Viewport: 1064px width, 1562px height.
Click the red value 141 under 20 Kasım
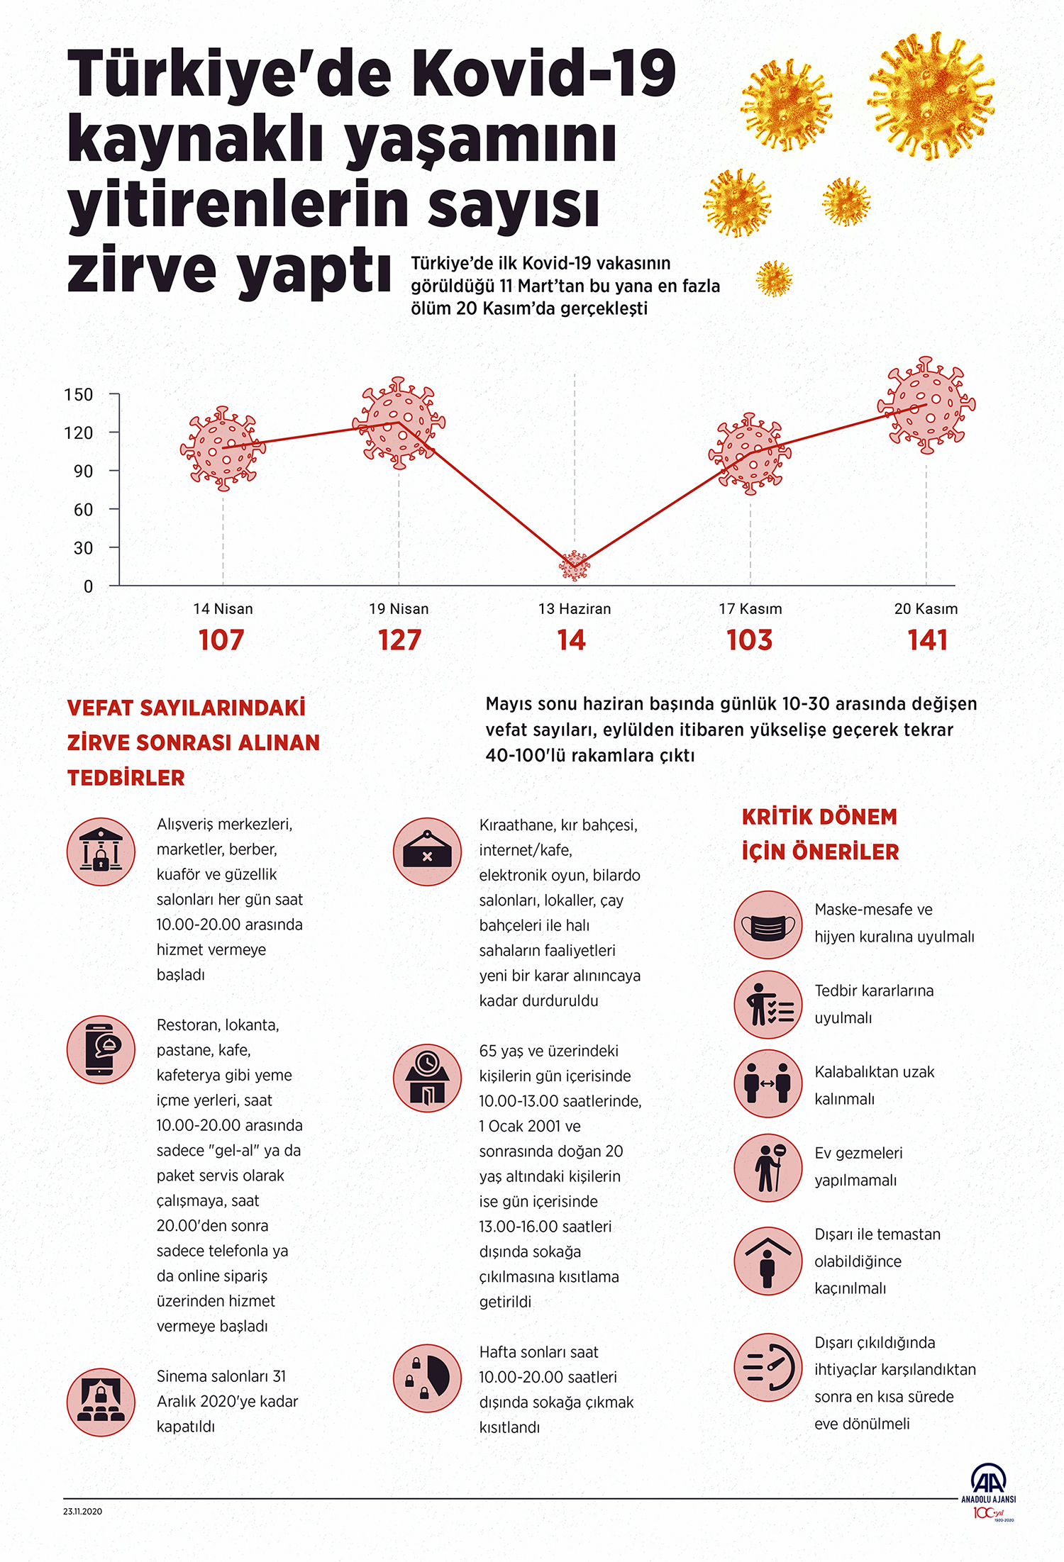pos(928,640)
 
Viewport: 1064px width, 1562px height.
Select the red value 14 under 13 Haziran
pos(572,640)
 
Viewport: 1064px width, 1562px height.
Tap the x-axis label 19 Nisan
pos(399,608)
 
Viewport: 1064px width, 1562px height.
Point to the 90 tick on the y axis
pos(84,471)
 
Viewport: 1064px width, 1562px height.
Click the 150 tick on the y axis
pos(79,394)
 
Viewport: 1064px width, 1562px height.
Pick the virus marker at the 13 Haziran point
pos(575,566)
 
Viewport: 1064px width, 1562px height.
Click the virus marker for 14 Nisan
pos(223,448)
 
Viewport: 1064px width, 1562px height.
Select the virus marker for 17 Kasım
pos(750,454)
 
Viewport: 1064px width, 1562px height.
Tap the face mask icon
pos(767,925)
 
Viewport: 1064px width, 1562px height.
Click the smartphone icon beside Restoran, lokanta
pos(101,1049)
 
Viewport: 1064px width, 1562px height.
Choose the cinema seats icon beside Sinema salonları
pos(101,1402)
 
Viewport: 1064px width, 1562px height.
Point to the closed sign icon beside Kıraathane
pos(427,852)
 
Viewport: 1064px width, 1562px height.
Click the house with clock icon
pos(427,1078)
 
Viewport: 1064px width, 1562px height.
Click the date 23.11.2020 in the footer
pos(82,1511)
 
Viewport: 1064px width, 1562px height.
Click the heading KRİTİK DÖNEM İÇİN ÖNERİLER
pos(820,834)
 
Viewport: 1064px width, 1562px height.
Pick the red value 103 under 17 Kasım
pos(750,640)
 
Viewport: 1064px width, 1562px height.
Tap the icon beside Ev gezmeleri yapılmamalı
pos(767,1168)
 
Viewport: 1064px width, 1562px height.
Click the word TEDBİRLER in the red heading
pos(126,778)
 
